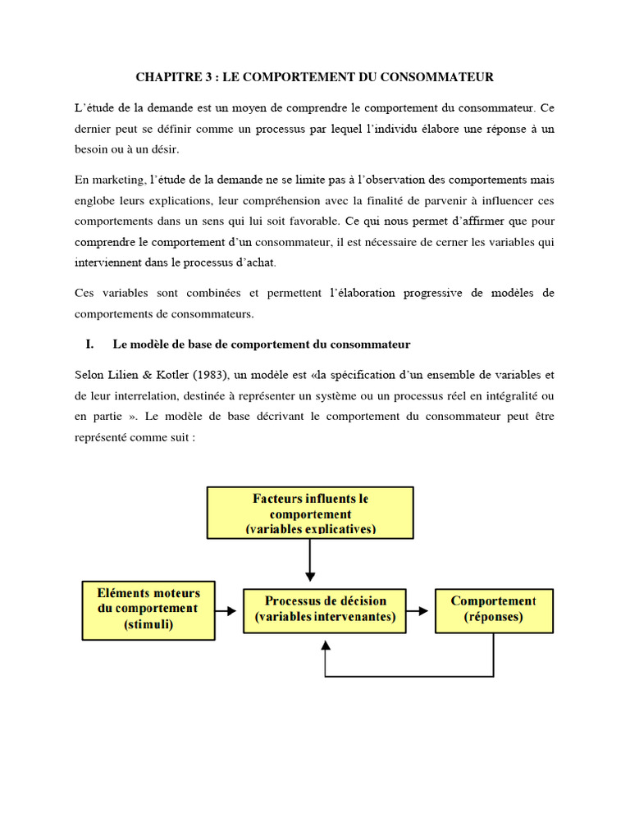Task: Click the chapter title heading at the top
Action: pos(314,78)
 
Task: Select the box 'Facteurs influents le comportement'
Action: pos(310,514)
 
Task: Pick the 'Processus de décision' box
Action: pos(325,609)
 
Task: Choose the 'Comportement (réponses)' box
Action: pos(493,609)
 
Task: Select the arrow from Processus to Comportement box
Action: pos(419,610)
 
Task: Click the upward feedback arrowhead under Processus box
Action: pos(326,645)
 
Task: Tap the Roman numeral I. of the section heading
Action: pos(91,344)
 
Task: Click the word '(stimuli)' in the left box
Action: pos(144,624)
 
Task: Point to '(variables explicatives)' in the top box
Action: pos(310,529)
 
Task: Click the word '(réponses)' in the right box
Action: pos(493,618)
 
